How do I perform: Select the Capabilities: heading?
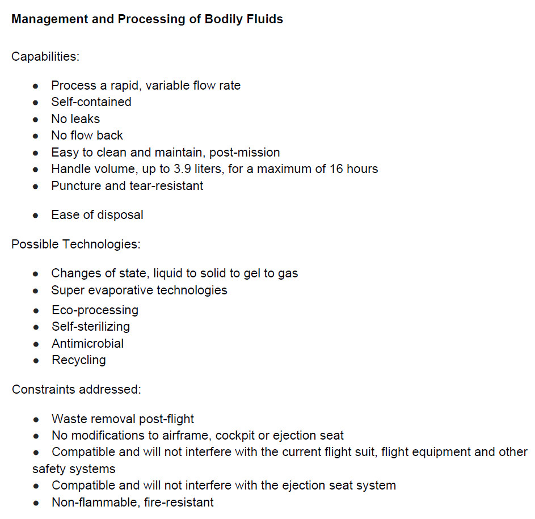click(45, 57)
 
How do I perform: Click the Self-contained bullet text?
click(91, 102)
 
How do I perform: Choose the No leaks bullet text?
click(75, 119)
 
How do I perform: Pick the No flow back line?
click(87, 136)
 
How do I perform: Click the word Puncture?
click(74, 185)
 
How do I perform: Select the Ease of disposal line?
click(97, 215)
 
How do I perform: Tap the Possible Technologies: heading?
click(76, 244)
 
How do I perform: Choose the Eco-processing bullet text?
click(95, 310)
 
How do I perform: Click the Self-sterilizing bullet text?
click(91, 327)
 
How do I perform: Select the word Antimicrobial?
click(87, 344)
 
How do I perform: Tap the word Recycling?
click(78, 360)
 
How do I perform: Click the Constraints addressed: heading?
click(77, 390)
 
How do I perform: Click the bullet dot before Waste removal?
click(36, 420)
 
